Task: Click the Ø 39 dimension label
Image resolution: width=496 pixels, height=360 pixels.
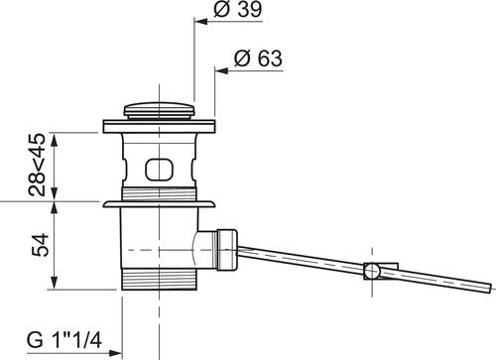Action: [238, 9]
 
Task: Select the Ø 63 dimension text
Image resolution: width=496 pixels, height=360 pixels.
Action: [258, 59]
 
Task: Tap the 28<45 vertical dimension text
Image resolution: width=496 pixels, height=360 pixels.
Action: [37, 165]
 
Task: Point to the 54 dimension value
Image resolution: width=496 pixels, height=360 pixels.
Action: [40, 245]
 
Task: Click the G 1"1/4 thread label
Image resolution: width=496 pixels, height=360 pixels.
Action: [64, 339]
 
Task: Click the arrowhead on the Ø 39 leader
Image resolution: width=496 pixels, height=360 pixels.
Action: [200, 22]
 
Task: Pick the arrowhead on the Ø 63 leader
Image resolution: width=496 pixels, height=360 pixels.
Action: [222, 70]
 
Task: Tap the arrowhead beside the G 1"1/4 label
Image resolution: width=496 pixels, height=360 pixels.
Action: [116, 353]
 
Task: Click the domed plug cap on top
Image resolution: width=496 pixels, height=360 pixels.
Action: [159, 110]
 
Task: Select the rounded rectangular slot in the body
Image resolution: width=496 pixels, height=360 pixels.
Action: [159, 170]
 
